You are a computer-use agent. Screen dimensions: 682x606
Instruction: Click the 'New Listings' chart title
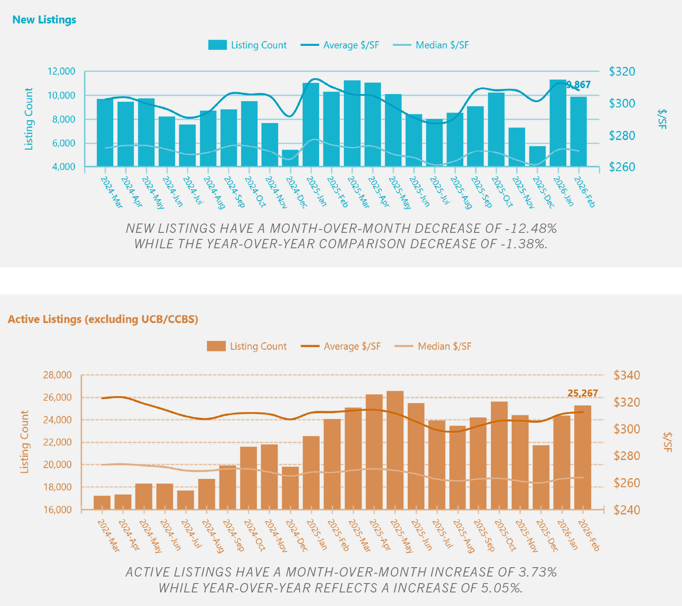coord(44,20)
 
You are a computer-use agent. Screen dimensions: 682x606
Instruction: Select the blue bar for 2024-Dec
coord(290,158)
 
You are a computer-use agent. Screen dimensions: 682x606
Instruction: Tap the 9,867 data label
coord(579,85)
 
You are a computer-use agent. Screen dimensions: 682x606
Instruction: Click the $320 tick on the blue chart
coord(622,72)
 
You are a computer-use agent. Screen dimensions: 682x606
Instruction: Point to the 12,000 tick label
coord(61,71)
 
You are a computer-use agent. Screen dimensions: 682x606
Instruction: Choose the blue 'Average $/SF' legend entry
coord(340,45)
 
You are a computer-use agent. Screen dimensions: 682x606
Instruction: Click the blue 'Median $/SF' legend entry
coord(431,45)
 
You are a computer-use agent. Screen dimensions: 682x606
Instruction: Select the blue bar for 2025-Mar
coord(352,123)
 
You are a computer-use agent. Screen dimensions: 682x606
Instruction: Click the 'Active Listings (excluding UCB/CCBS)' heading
coord(103,319)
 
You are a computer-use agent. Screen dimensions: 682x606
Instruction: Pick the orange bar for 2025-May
coord(395,450)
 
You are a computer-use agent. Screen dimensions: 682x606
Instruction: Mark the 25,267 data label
coord(583,393)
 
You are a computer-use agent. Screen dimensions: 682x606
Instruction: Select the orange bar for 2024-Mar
coord(102,502)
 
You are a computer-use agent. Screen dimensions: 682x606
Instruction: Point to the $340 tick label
coord(626,375)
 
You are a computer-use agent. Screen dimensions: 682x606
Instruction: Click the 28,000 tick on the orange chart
coord(58,375)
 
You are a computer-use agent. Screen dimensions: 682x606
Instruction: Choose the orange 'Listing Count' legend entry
coord(247,346)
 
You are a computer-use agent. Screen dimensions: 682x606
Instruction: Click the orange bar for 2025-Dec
coord(541,477)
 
